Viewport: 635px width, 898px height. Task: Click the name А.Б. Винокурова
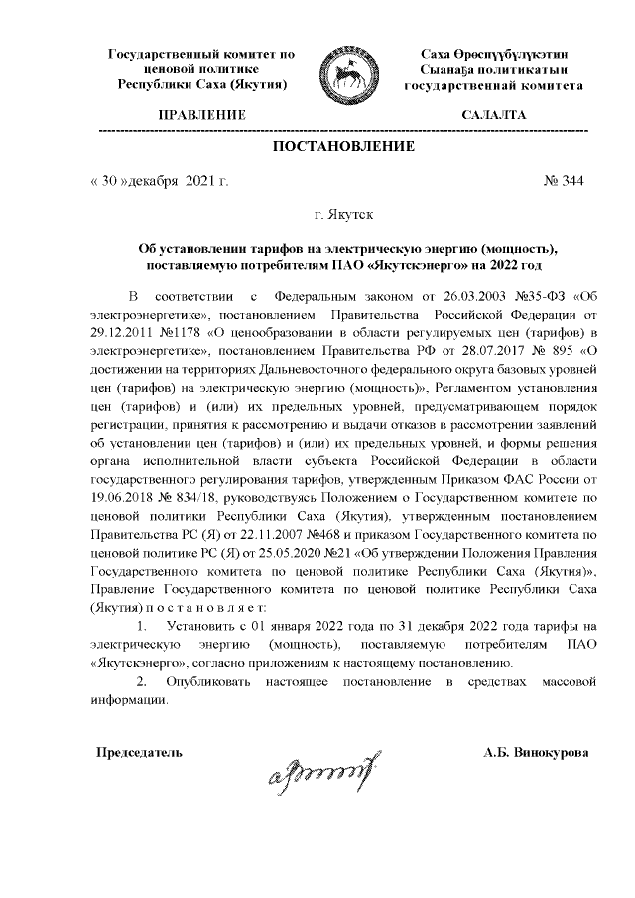coord(536,752)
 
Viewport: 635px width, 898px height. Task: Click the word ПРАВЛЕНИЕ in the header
coord(201,115)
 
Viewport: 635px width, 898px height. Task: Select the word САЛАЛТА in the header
coord(493,115)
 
